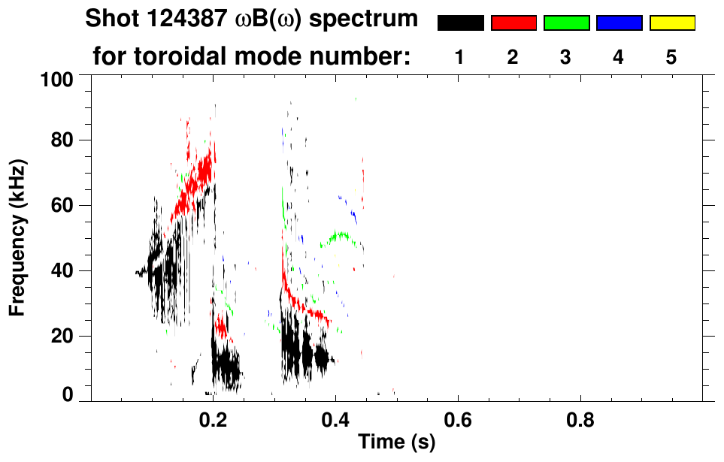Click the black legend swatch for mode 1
click(x=460, y=23)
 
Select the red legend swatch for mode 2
click(x=513, y=23)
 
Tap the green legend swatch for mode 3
click(x=566, y=23)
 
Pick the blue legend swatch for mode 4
click(x=619, y=23)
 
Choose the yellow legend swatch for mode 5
click(x=671, y=23)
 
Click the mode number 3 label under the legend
click(x=565, y=57)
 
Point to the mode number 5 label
click(x=671, y=57)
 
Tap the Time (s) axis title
click(x=395, y=443)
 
